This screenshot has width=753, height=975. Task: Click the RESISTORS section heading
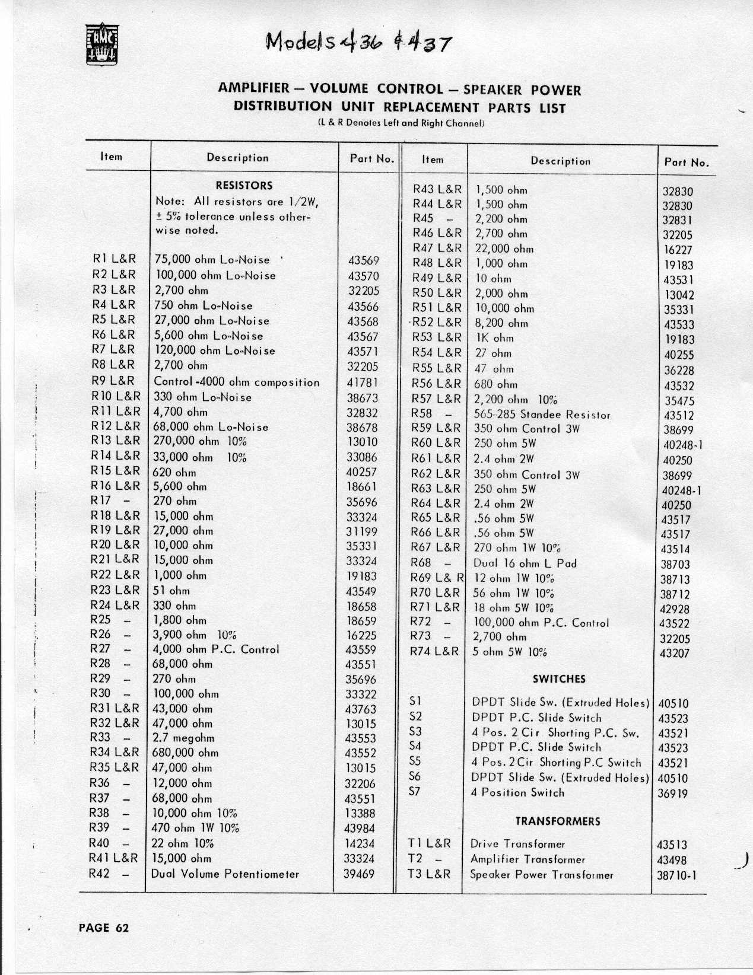244,186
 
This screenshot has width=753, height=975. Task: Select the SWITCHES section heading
559,679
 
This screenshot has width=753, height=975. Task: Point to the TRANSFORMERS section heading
557,821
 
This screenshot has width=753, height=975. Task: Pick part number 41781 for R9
363,383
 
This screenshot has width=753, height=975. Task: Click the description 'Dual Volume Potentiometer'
226,874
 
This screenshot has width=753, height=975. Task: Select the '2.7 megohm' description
184,738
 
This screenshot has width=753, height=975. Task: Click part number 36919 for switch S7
672,794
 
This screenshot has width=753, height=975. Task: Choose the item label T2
415,859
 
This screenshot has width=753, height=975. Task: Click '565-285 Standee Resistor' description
542,415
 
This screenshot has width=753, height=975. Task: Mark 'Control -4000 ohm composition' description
236,383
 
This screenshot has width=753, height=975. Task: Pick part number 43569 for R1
363,261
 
